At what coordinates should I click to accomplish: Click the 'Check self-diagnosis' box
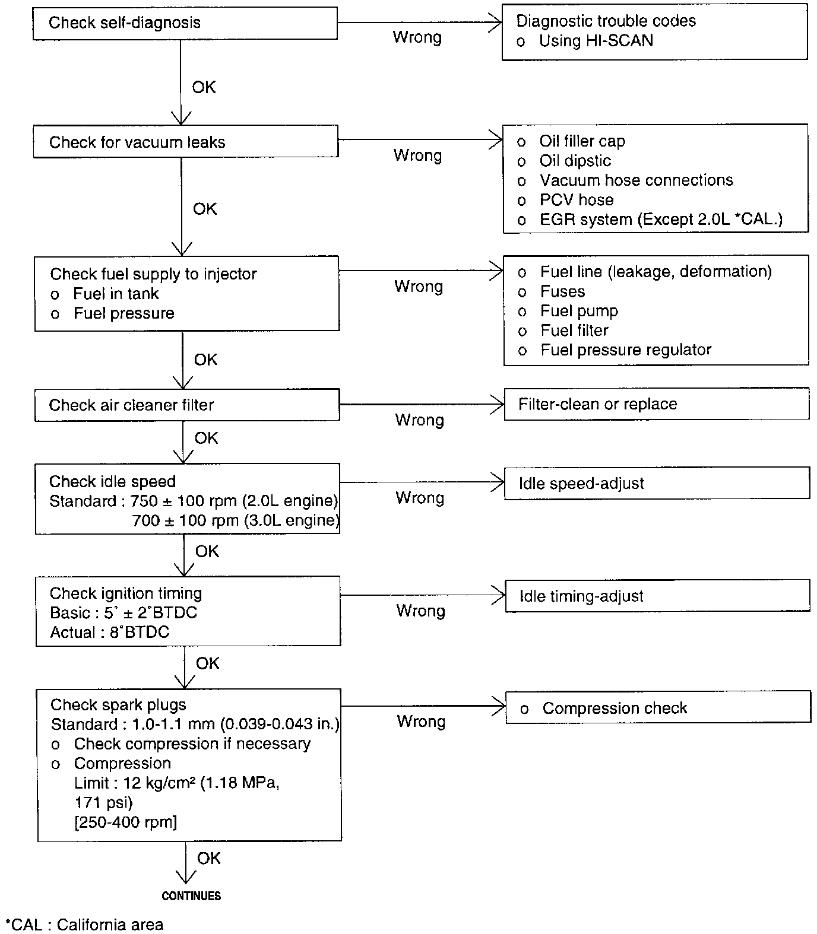[185, 23]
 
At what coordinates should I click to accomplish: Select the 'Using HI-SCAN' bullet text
[596, 41]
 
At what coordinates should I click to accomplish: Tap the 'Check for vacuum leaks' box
[185, 142]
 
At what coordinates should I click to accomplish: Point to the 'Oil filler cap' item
[582, 141]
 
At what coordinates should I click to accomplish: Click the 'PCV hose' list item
[576, 200]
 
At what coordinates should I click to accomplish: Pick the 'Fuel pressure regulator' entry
[625, 350]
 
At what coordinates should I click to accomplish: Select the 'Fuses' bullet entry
[562, 291]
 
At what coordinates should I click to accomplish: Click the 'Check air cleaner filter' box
[186, 405]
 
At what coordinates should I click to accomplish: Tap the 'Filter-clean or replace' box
[656, 404]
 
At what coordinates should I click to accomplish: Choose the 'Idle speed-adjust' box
[657, 483]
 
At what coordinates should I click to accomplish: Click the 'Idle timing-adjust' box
[657, 596]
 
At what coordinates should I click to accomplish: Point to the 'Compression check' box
[658, 708]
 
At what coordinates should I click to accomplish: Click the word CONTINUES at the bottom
[191, 896]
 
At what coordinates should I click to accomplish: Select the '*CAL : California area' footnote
[84, 925]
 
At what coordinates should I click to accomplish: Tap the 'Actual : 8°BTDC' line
[110, 633]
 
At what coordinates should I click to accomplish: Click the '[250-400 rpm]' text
[126, 822]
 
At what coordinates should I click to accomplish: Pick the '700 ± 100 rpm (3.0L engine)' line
[235, 521]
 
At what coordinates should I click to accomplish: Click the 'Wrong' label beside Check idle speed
[420, 498]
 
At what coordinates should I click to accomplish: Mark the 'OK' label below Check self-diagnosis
[204, 87]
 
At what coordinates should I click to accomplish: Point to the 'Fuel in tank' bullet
[116, 294]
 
